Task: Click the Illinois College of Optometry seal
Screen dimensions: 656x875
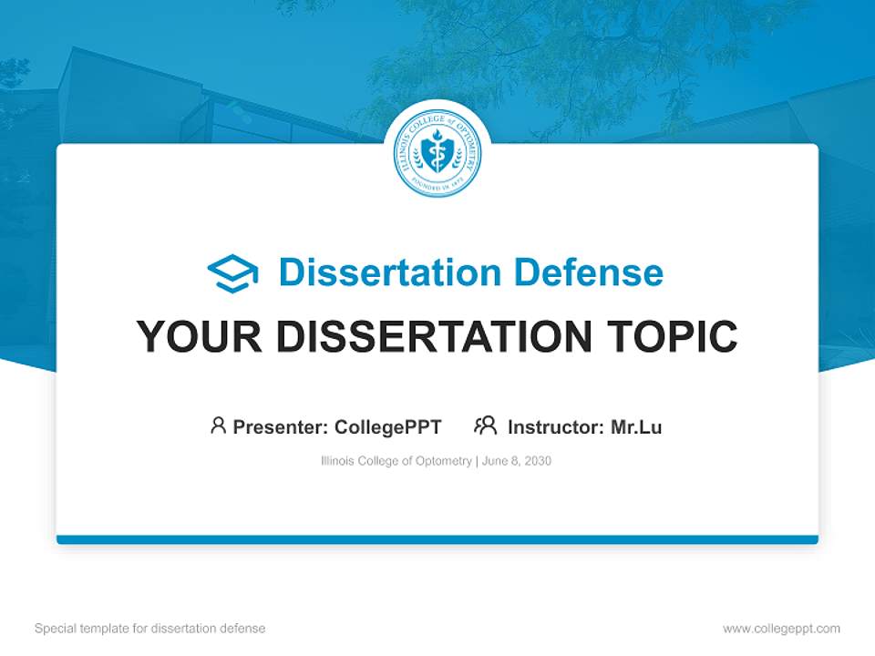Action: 437,153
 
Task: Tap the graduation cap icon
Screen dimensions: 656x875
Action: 232,273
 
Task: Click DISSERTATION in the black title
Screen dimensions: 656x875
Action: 435,337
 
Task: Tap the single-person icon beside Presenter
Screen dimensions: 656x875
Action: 218,425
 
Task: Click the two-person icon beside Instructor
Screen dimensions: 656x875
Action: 485,425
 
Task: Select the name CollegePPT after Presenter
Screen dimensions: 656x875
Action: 388,426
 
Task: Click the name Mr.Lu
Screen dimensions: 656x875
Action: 636,426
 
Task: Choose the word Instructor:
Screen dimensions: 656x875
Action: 556,426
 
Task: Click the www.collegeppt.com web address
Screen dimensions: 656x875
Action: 781,629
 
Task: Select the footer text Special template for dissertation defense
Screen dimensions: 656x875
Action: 150,629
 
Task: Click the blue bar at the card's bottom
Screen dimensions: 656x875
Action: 437,539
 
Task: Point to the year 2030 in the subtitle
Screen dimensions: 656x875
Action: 538,461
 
